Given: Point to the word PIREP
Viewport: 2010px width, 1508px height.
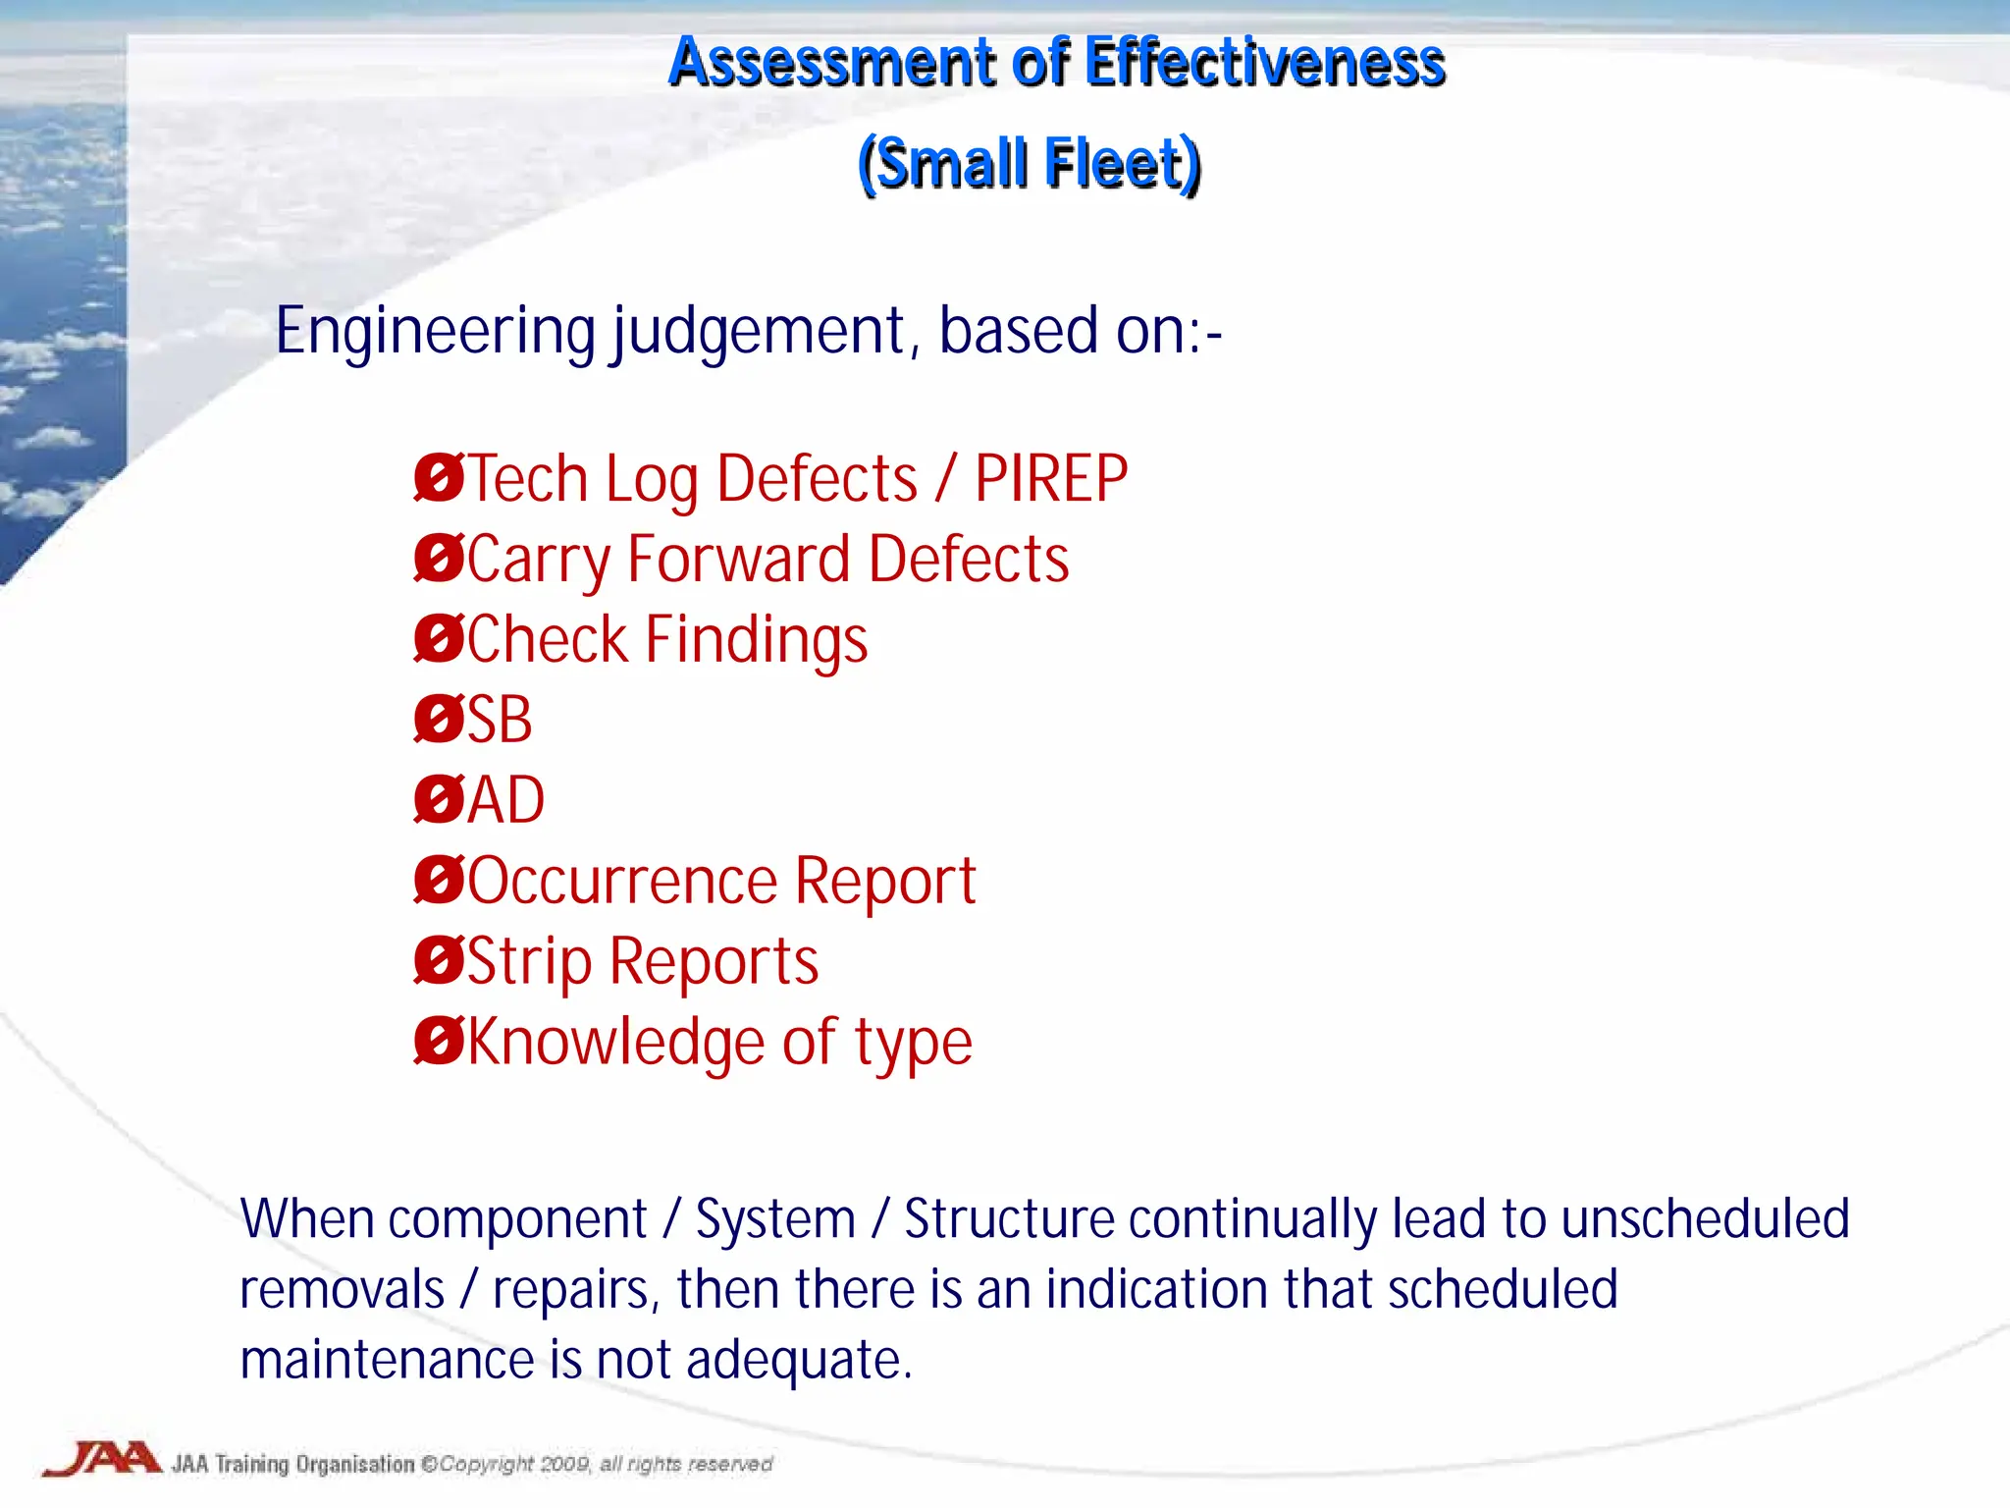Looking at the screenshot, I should (x=1050, y=480).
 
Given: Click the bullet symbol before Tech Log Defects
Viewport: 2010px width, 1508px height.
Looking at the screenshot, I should (x=438, y=478).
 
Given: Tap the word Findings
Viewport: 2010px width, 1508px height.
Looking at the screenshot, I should (x=757, y=641).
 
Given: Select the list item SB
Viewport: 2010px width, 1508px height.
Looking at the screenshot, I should (x=499, y=720).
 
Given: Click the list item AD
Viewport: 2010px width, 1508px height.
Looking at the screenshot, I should (x=505, y=800).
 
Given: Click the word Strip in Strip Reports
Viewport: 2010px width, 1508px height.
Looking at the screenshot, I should (x=529, y=962).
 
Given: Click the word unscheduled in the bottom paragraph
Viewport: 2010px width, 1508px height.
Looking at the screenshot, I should (x=1705, y=1219).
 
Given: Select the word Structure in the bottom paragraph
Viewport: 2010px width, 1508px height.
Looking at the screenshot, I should (x=1008, y=1219).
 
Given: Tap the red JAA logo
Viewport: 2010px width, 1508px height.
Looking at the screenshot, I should (x=102, y=1460).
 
